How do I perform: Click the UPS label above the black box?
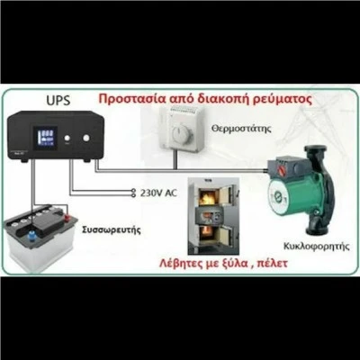58,101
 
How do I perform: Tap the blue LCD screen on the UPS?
45,138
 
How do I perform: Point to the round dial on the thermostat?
183,134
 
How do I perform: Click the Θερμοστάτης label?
241,129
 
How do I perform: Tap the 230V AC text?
158,193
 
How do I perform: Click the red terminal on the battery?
67,218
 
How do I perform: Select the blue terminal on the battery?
31,237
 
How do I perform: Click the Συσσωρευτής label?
112,230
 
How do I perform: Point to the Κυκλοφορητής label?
317,247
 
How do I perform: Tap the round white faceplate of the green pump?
280,197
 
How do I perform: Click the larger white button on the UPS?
86,138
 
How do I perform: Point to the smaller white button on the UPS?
67,138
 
